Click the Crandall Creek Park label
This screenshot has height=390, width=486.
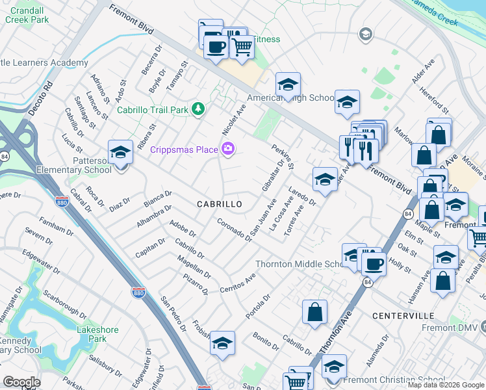pyautogui.click(x=27, y=15)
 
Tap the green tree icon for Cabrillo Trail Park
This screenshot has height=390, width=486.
pyautogui.click(x=199, y=109)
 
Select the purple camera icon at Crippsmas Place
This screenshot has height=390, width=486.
pyautogui.click(x=227, y=149)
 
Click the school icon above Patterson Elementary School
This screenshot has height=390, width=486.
pyautogui.click(x=120, y=153)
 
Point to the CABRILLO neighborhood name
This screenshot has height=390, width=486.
pyautogui.click(x=220, y=204)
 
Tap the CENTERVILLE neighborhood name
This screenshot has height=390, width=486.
pyautogui.click(x=403, y=315)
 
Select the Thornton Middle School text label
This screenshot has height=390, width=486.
pyautogui.click(x=299, y=264)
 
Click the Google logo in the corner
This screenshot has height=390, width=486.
pyautogui.click(x=21, y=382)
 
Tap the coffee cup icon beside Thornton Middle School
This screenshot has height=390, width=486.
pyautogui.click(x=374, y=264)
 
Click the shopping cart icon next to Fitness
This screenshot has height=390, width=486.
pyautogui.click(x=241, y=46)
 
